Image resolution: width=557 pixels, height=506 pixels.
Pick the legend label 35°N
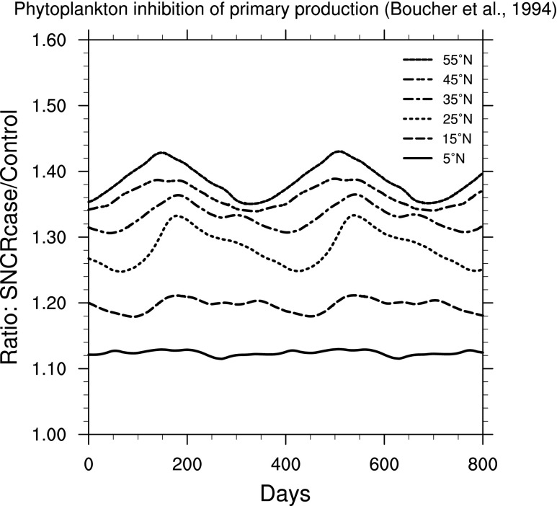coord(458,98)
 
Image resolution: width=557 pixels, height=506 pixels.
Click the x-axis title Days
coord(286,492)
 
